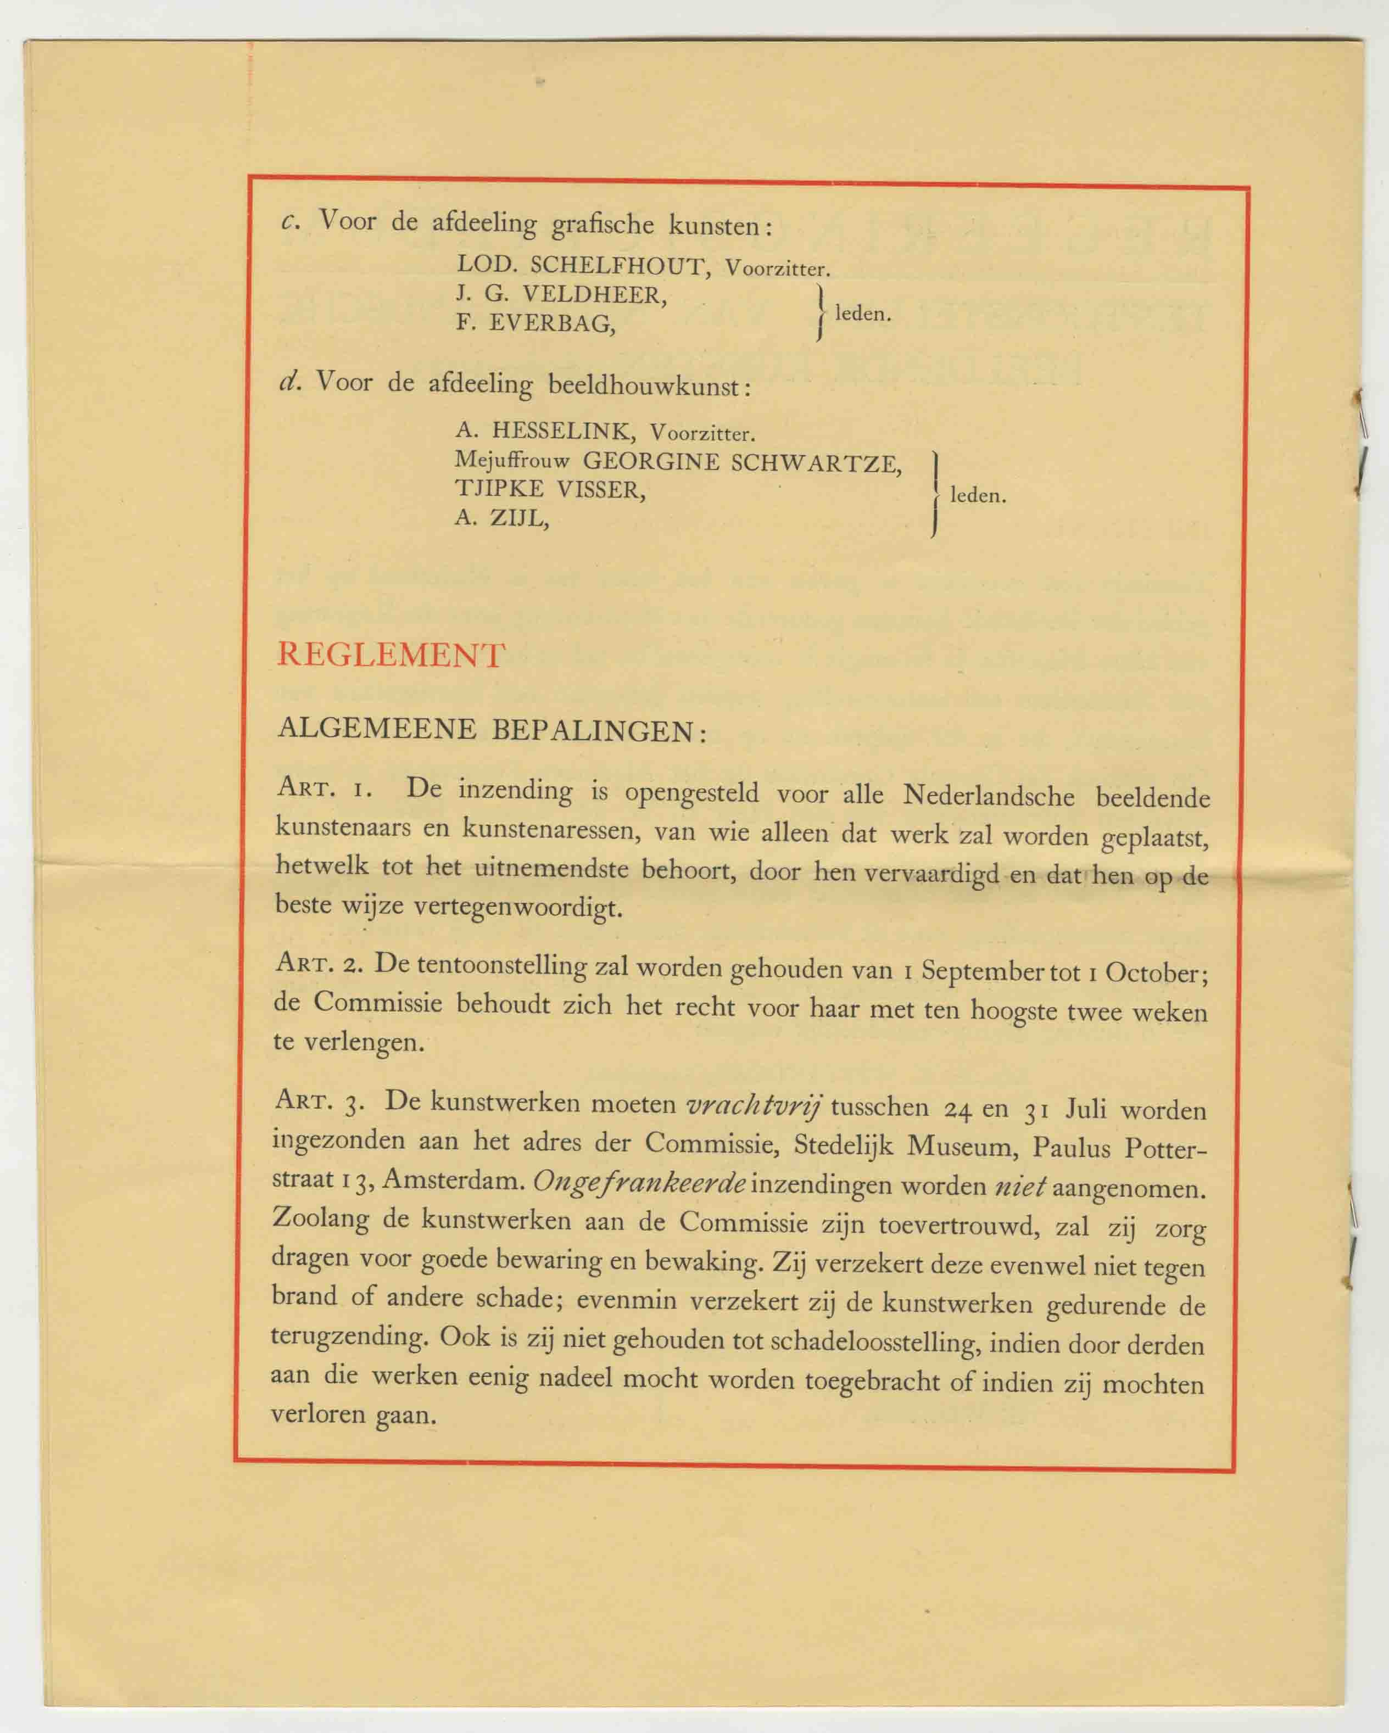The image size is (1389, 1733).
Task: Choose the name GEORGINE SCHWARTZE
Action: pyautogui.click(x=741, y=462)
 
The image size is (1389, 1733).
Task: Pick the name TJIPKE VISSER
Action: pyautogui.click(x=550, y=489)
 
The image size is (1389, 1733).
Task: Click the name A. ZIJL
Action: pyautogui.click(x=501, y=518)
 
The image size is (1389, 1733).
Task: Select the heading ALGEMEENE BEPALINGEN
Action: pyautogui.click(x=490, y=730)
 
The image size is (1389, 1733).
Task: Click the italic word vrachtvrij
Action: pyautogui.click(x=753, y=1105)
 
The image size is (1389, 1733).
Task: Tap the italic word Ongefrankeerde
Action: pyautogui.click(x=640, y=1181)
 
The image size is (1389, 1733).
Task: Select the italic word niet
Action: pyautogui.click(x=1019, y=1186)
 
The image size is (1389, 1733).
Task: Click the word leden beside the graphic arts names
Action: pyautogui.click(x=862, y=314)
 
